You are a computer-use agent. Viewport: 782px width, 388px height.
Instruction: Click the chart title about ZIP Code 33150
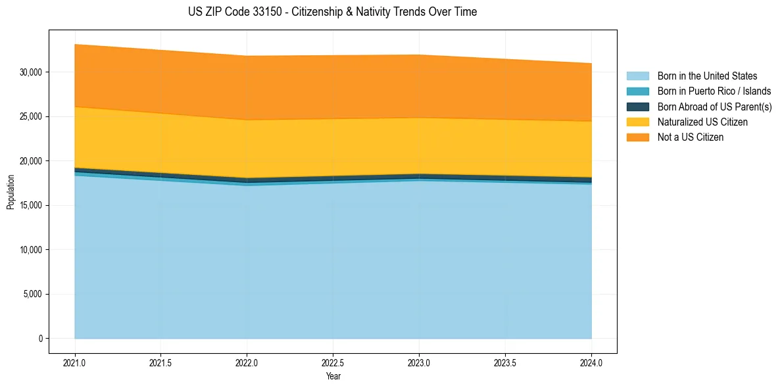coord(332,12)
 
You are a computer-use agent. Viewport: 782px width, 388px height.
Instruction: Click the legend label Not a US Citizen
coord(690,137)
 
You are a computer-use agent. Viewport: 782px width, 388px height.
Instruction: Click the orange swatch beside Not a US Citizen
coord(637,137)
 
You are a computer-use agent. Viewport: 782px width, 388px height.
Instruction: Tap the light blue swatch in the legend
coord(637,76)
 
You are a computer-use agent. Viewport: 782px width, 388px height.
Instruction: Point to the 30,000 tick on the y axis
coord(31,72)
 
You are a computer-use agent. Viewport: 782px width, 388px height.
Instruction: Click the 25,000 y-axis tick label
coord(31,116)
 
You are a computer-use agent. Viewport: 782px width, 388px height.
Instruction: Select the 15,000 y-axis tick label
coord(31,205)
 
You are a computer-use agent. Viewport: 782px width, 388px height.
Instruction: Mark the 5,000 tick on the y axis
coord(33,294)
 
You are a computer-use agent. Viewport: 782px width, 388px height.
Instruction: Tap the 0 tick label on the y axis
coord(40,339)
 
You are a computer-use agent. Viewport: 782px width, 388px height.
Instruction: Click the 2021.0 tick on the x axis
coord(75,362)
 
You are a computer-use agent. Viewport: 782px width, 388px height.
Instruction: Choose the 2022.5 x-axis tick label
coord(333,362)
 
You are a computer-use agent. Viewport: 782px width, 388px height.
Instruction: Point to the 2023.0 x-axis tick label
coord(419,362)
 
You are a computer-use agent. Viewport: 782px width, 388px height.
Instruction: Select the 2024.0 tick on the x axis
coord(591,362)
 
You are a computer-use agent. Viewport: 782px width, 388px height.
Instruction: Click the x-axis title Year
coord(333,376)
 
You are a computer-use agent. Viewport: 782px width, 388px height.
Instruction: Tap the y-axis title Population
coord(11,192)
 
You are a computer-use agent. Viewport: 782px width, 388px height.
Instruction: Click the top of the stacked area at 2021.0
coord(75,45)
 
